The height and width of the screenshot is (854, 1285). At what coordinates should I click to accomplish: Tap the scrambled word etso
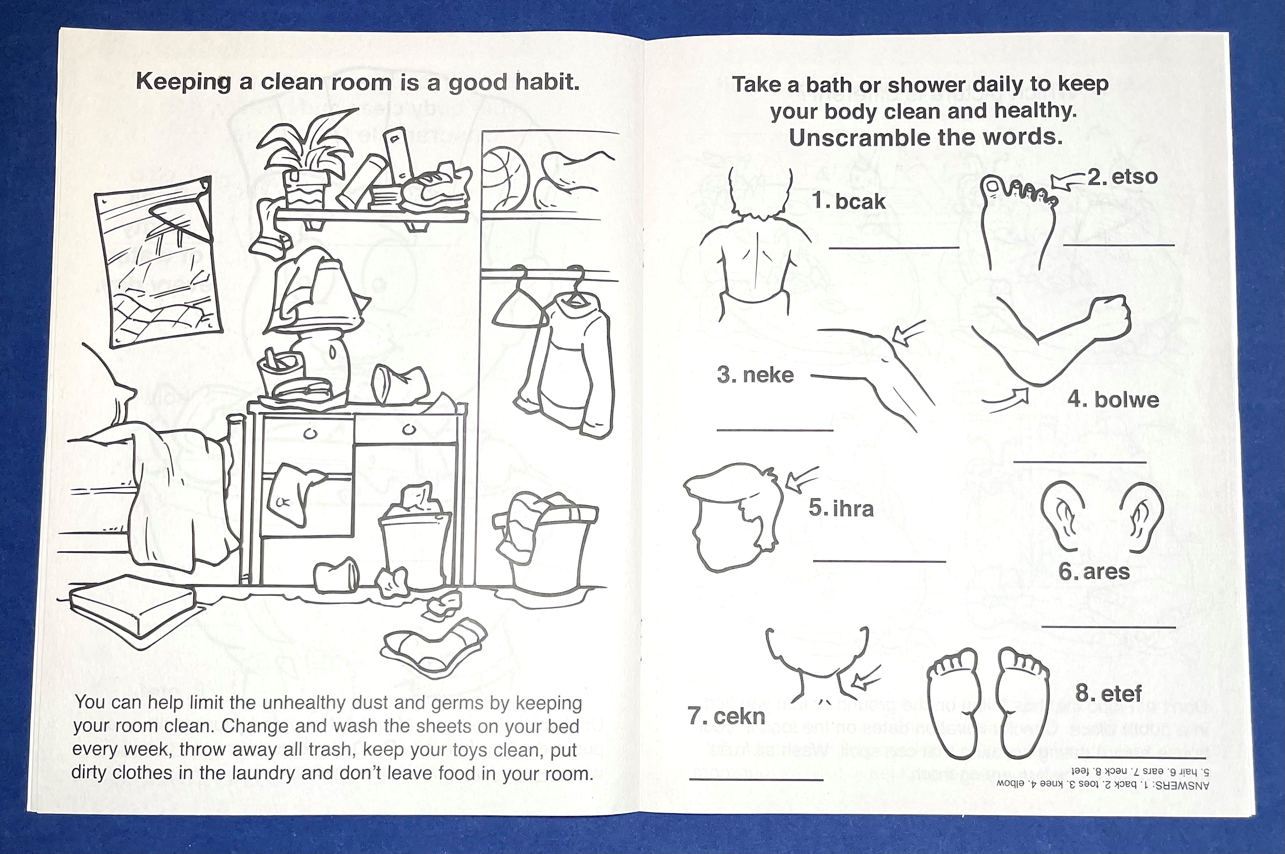(1134, 177)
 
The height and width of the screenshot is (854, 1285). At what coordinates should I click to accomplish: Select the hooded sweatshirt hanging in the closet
(567, 365)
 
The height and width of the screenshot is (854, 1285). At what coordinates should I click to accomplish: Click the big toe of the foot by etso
(991, 188)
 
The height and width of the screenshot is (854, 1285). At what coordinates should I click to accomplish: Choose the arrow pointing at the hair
(801, 479)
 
